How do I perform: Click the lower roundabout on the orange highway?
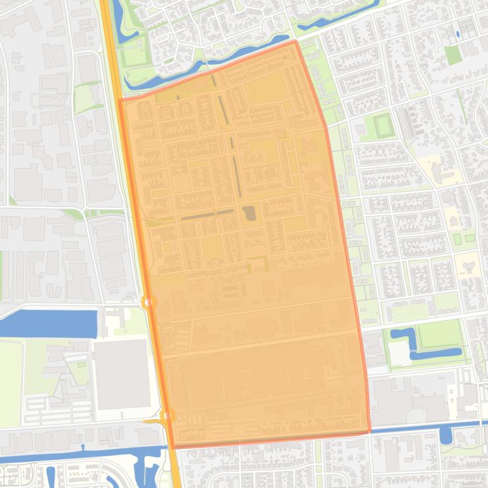[x=168, y=416]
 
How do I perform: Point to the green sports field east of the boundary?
[x=383, y=125]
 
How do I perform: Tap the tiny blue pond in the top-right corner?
[x=458, y=34]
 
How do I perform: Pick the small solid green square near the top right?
[x=452, y=55]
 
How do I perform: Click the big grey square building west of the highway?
[x=122, y=374]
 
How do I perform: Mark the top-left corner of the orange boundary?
[x=120, y=100]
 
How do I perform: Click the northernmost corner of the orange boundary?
[x=295, y=42]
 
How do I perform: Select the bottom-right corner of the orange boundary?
[x=369, y=432]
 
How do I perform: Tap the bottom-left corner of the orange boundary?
[x=173, y=447]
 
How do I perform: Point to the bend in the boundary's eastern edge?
[x=326, y=127]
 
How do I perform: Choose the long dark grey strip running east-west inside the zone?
[x=207, y=214]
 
